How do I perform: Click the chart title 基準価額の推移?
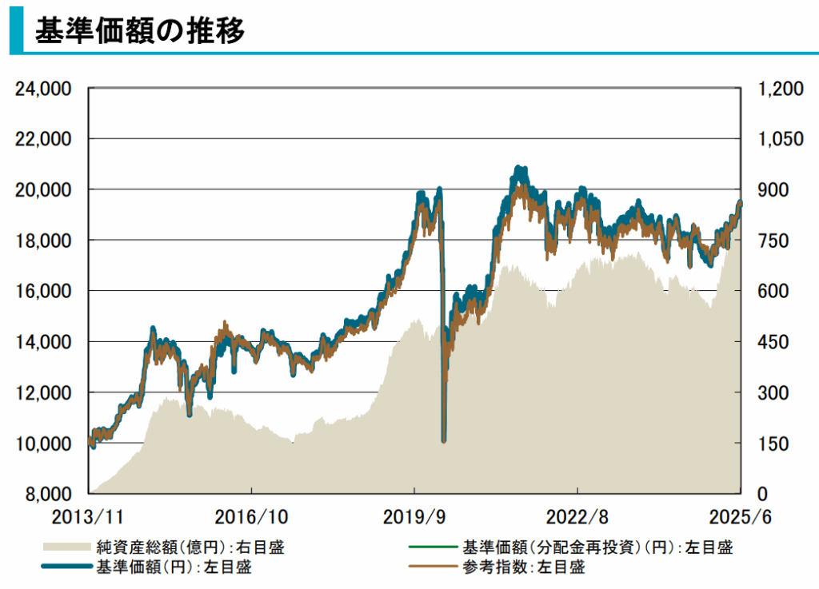click(140, 29)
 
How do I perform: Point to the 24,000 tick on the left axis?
click(45, 88)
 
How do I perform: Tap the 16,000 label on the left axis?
click(45, 291)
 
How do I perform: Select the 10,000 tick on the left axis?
click(45, 443)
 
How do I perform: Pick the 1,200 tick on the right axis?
click(777, 88)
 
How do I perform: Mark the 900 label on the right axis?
click(772, 189)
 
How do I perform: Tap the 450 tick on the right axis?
click(772, 342)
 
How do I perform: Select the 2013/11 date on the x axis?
click(89, 515)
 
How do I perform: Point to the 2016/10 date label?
click(251, 515)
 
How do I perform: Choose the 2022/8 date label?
click(577, 515)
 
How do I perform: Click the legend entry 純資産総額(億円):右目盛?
click(190, 547)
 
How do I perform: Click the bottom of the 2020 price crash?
click(444, 440)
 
